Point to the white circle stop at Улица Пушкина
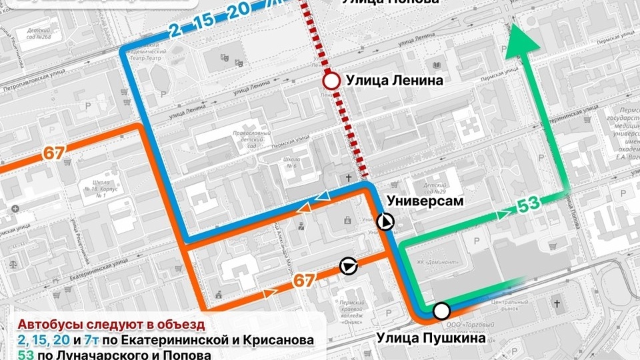click(x=441, y=311)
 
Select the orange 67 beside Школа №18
click(x=54, y=153)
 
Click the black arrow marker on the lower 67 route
click(x=347, y=267)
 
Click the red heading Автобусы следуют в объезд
click(x=111, y=325)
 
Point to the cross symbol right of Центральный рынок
click(x=557, y=305)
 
